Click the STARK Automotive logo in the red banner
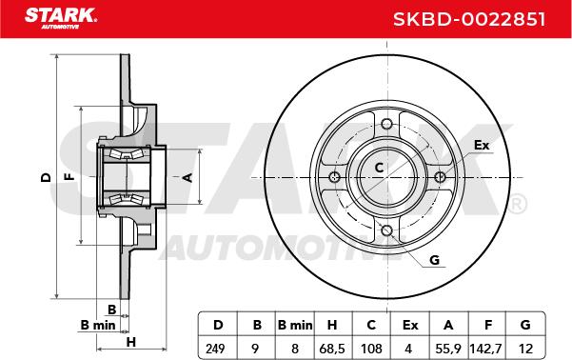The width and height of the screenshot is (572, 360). [61, 18]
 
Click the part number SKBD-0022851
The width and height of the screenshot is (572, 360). [469, 19]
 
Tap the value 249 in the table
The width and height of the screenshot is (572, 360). [215, 349]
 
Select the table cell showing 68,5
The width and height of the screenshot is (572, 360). [332, 349]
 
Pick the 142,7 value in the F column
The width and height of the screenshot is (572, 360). [486, 349]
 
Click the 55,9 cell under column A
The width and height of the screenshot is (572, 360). [448, 349]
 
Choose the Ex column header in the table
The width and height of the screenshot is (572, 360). [410, 325]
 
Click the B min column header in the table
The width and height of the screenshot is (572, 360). [295, 325]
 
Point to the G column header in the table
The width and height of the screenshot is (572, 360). [525, 325]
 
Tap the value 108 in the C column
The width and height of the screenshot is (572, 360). [371, 349]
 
